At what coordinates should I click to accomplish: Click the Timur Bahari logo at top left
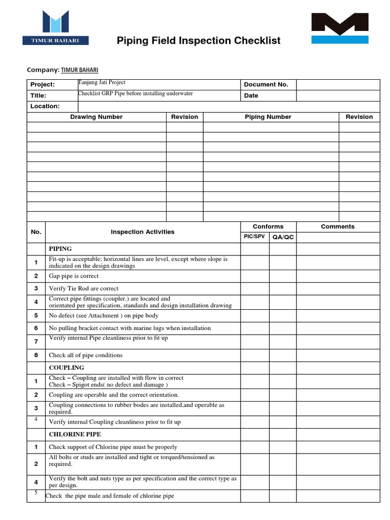click(x=55, y=28)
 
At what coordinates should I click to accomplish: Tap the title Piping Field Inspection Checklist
click(x=199, y=41)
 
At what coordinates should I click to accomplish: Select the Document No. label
click(x=266, y=85)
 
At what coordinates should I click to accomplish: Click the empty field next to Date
click(x=338, y=95)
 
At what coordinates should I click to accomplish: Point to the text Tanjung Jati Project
click(x=102, y=82)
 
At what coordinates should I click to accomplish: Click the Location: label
click(x=45, y=106)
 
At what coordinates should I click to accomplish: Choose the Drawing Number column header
click(x=96, y=117)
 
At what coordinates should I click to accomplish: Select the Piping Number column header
click(x=268, y=117)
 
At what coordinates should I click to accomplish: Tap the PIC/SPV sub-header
click(x=254, y=237)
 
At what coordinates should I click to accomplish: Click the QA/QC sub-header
click(x=283, y=237)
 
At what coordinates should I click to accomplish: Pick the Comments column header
click(x=338, y=226)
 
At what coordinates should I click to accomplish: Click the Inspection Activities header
click(x=143, y=232)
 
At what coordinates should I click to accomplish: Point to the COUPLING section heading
click(x=67, y=367)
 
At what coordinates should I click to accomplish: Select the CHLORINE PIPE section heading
click(x=75, y=434)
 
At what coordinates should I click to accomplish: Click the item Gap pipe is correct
click(x=74, y=276)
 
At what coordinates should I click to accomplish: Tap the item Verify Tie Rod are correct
click(x=83, y=288)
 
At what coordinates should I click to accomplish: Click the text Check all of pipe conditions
click(x=85, y=355)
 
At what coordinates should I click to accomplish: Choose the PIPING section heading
click(x=60, y=249)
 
